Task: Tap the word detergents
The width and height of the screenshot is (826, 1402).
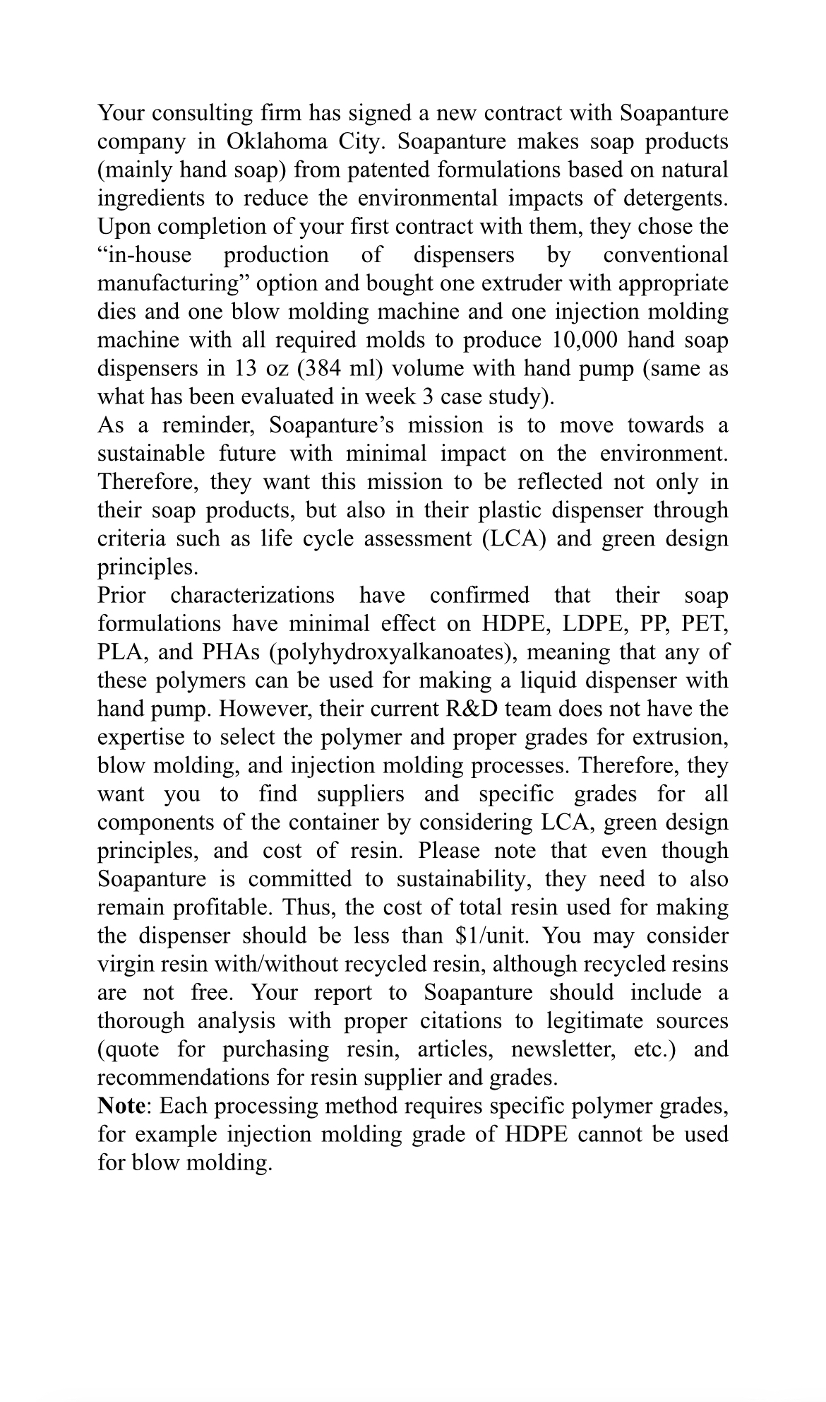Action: (x=672, y=199)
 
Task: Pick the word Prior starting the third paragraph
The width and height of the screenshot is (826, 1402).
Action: (x=122, y=595)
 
